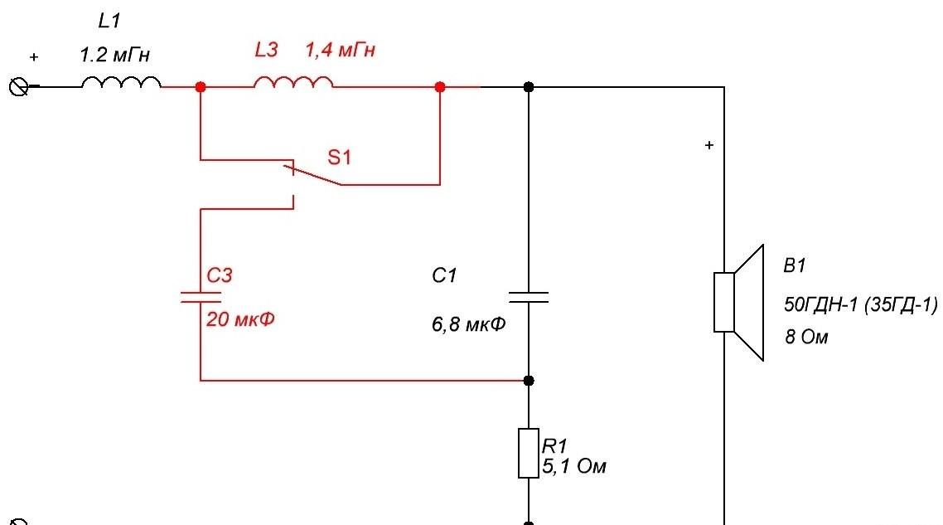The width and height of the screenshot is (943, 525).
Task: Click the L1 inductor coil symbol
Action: pyautogui.click(x=121, y=82)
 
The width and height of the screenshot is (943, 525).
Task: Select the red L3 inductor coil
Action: pyautogui.click(x=293, y=82)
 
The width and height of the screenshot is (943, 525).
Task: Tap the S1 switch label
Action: pyautogui.click(x=339, y=157)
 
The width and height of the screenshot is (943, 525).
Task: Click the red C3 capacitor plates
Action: pyautogui.click(x=201, y=297)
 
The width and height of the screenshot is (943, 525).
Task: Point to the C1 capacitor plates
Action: pyautogui.click(x=529, y=297)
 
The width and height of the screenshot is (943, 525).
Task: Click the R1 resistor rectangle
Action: pyautogui.click(x=529, y=454)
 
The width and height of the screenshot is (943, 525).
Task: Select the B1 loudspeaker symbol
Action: pyautogui.click(x=738, y=302)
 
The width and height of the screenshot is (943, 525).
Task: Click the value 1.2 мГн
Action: pyautogui.click(x=115, y=56)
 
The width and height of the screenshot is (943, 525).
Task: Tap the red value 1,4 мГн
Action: pyautogui.click(x=340, y=50)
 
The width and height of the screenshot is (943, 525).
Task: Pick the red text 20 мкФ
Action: pyautogui.click(x=240, y=318)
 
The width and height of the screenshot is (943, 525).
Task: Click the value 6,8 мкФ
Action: pyautogui.click(x=468, y=324)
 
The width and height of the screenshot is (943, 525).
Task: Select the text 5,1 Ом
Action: pyautogui.click(x=574, y=466)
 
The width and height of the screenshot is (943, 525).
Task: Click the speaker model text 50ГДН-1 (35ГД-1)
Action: pyautogui.click(x=861, y=304)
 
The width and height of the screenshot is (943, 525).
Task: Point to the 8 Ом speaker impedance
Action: pyautogui.click(x=806, y=337)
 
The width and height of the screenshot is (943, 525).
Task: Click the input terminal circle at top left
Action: pyautogui.click(x=18, y=87)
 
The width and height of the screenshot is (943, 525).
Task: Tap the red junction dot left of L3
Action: pyautogui.click(x=201, y=87)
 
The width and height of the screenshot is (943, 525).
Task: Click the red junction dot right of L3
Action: pyautogui.click(x=440, y=87)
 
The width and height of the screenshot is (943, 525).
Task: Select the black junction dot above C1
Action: pyautogui.click(x=529, y=87)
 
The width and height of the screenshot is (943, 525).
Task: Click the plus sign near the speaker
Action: pyautogui.click(x=709, y=145)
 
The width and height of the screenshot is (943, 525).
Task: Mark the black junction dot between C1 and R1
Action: pyautogui.click(x=529, y=381)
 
